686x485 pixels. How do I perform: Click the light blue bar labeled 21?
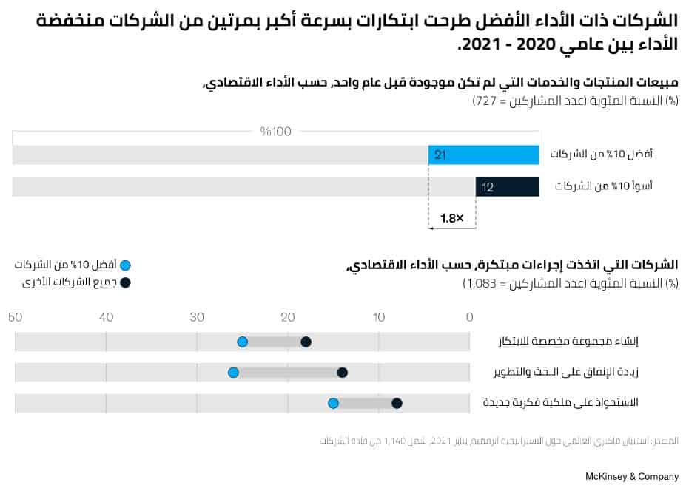coord(483,155)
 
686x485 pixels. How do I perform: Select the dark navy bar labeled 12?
coord(507,187)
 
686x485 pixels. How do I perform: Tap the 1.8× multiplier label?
coord(451,219)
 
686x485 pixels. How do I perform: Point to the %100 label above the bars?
coord(276,132)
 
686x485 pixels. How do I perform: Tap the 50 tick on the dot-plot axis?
coord(15,317)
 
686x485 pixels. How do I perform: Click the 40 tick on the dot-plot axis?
coord(106,317)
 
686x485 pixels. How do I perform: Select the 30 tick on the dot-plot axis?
coord(197,317)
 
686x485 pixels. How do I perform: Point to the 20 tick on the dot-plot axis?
coord(288,317)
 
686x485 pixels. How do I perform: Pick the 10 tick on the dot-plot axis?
coord(378,317)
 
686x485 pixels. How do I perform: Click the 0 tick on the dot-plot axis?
coord(469,317)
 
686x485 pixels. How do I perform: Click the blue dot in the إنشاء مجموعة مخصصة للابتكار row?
coord(242,342)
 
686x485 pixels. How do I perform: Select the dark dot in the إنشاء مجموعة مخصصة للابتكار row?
coord(306,342)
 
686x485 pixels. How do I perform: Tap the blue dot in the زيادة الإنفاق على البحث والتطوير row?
coord(233,373)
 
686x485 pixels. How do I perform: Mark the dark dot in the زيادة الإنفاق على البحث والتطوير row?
coord(342,373)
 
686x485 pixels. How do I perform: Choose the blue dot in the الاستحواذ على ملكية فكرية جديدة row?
coord(333,403)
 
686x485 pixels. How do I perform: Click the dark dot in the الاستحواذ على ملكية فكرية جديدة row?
coord(397,403)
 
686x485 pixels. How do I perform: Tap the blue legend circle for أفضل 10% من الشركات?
coord(125,265)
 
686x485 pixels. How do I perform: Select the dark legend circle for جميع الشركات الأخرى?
coord(125,282)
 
